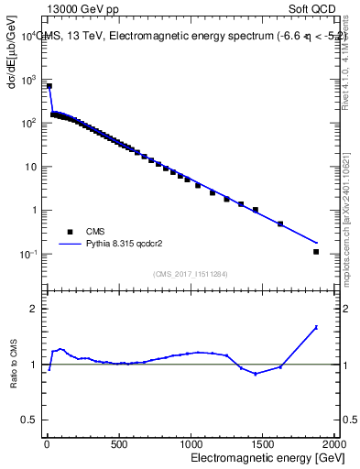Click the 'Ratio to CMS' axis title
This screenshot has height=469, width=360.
coord(12,364)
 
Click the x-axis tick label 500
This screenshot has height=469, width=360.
coord(118,443)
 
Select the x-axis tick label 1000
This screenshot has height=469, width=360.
coord(190,443)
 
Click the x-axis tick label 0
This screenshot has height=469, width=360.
coord(46,443)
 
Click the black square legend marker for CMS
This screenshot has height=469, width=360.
coord(68,232)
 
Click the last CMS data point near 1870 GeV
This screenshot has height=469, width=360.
coord(316,252)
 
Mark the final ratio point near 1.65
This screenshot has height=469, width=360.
coord(316,327)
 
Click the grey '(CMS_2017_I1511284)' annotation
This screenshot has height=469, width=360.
coord(190,273)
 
